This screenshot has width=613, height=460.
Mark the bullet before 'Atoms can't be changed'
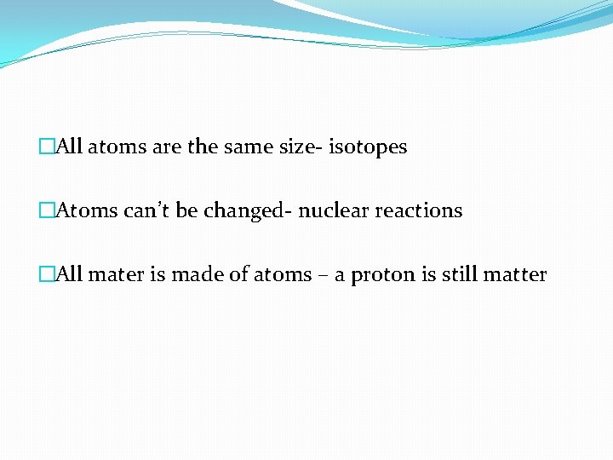pyautogui.click(x=46, y=210)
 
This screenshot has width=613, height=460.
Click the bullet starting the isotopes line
pyautogui.click(x=46, y=147)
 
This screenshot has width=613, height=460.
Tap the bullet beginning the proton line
pyautogui.click(x=46, y=274)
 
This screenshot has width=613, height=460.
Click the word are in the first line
pyautogui.click(x=166, y=147)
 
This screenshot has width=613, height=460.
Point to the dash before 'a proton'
pyautogui.click(x=324, y=275)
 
